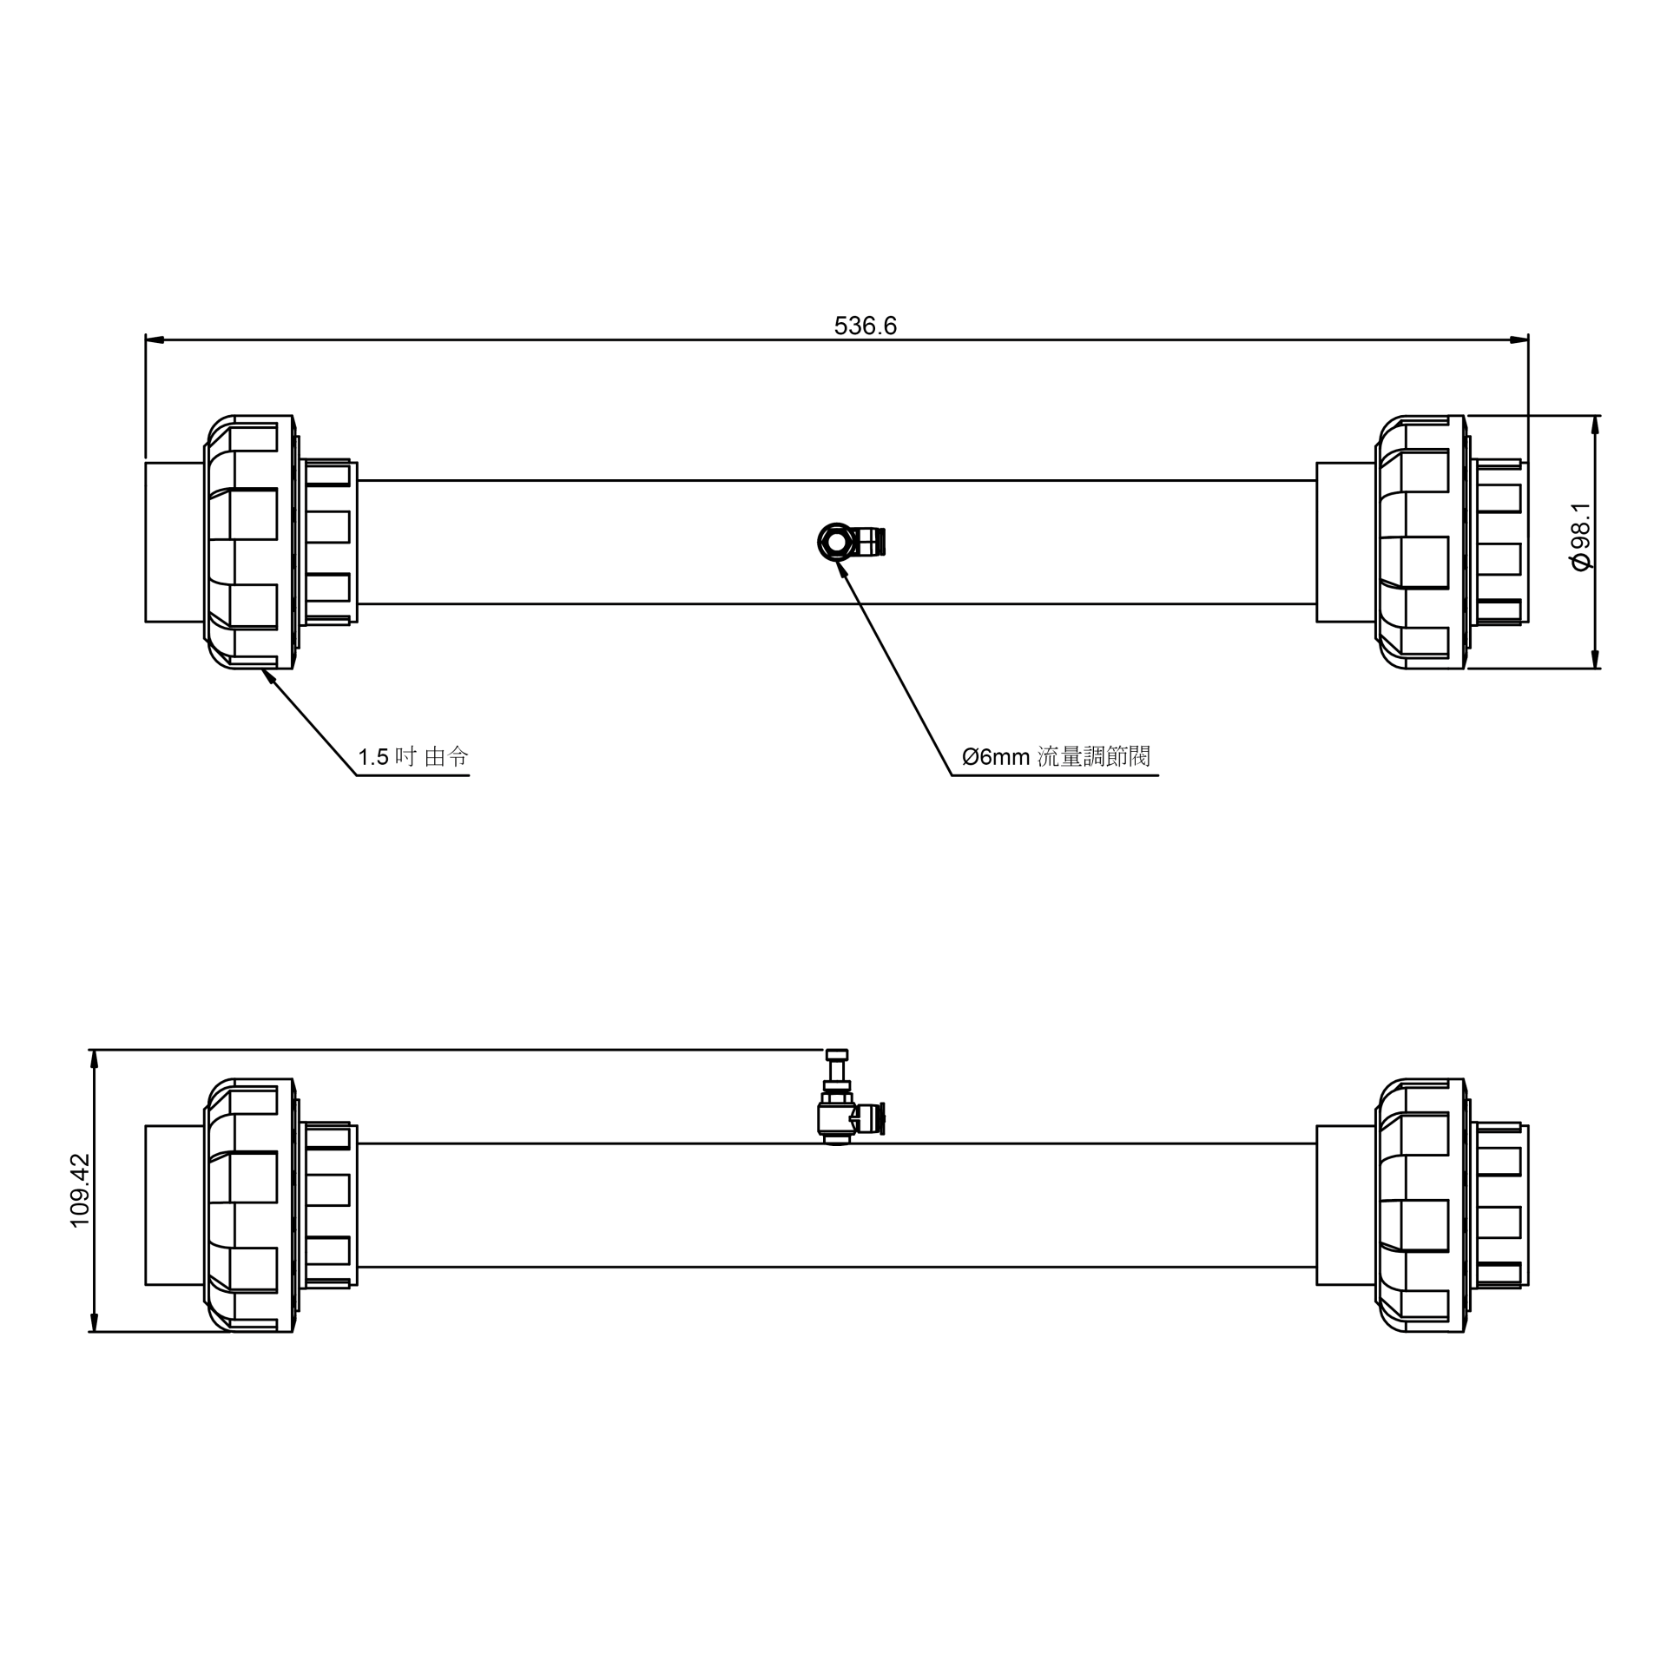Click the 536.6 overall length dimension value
coord(865,326)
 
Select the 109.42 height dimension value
coord(80,1190)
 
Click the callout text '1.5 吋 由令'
coord(413,757)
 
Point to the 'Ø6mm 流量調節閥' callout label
coord(1056,757)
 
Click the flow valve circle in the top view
coord(836,543)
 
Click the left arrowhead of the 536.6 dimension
coord(155,339)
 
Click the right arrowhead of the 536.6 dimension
coord(1519,339)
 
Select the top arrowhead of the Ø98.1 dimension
coord(1595,425)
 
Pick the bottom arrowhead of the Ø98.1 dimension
coord(1595,659)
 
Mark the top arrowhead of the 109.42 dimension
coord(95,1060)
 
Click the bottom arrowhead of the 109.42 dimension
coord(95,1321)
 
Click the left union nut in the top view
coord(250,542)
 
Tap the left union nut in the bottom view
coord(250,1205)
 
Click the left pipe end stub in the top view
coord(174,542)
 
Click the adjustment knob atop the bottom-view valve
coord(836,1055)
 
